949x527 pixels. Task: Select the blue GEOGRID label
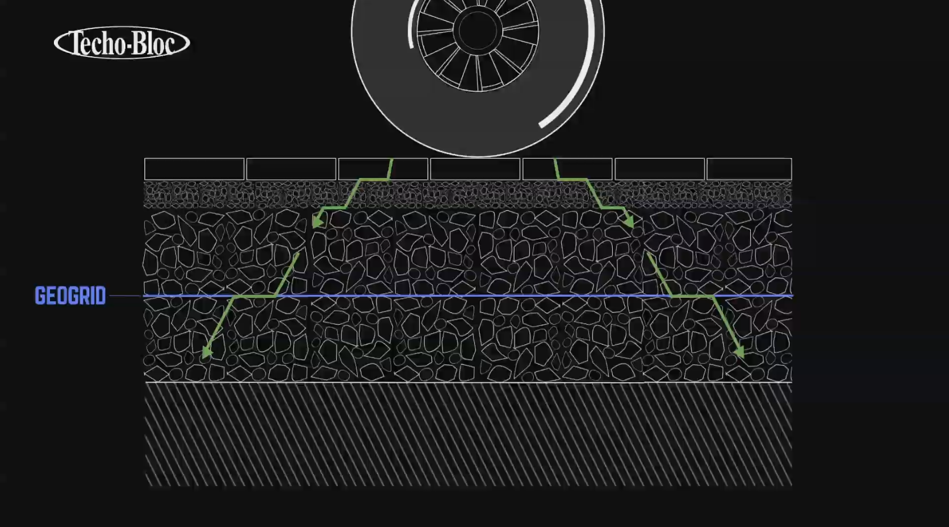[x=70, y=296]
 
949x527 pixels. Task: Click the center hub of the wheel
[x=478, y=31]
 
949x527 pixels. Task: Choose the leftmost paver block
[x=194, y=169]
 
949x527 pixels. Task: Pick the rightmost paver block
[x=749, y=169]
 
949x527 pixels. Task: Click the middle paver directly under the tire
[x=475, y=169]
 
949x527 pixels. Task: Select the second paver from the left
[x=291, y=169]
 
